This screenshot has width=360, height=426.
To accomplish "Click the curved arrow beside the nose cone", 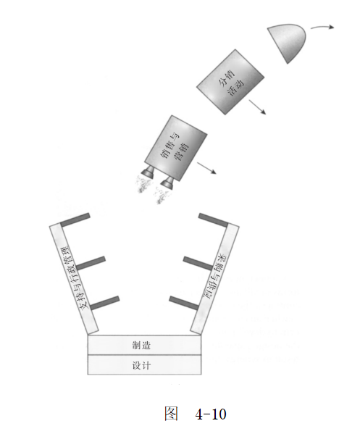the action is coord(322,27).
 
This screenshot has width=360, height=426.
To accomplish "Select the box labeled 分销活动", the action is coord(230,82).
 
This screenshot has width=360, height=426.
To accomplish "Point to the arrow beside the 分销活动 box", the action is coord(257,107).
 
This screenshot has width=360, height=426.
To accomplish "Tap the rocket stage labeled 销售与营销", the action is coord(175,148).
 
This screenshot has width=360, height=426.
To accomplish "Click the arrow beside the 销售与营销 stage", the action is coord(206,168).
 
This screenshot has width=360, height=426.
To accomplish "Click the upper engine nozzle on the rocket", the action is coord(148,172).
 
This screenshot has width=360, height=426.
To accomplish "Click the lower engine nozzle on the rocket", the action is coord(167,183).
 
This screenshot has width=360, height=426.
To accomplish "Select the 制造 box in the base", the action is coord(144,345).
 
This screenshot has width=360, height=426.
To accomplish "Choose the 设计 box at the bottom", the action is coord(144,365).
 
